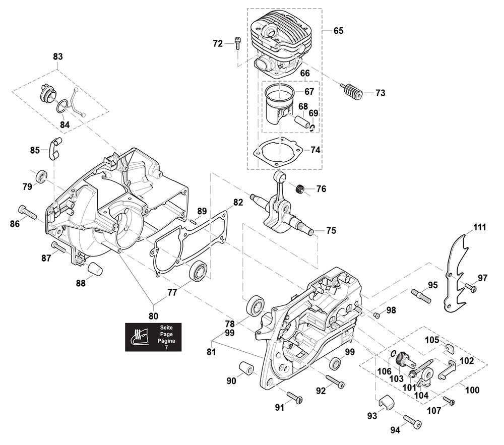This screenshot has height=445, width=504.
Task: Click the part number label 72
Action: click(218, 44)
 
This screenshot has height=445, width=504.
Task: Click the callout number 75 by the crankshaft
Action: click(331, 231)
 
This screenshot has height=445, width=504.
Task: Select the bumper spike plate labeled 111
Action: click(459, 272)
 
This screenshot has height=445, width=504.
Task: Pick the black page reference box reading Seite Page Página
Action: click(151, 338)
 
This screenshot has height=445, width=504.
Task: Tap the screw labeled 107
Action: click(449, 401)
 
